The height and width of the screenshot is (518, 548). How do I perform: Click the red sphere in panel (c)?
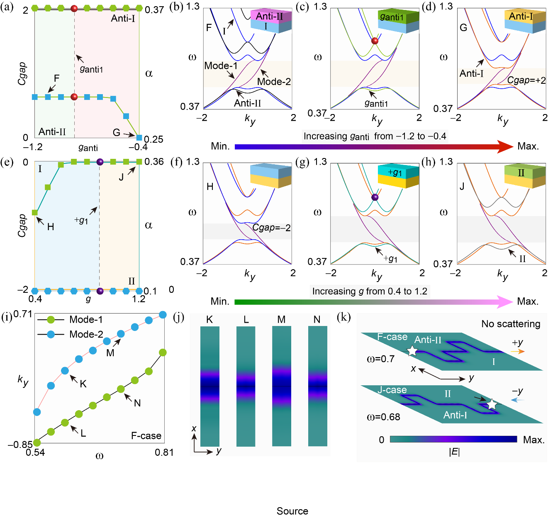(x=375, y=41)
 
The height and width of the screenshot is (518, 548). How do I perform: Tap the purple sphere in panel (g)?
(x=375, y=197)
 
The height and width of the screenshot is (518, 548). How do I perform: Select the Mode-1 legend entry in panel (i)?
(x=71, y=319)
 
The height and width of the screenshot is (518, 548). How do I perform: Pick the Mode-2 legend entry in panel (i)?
(x=71, y=334)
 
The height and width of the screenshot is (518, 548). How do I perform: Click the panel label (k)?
(x=344, y=318)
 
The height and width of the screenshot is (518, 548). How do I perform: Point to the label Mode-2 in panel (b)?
(x=274, y=82)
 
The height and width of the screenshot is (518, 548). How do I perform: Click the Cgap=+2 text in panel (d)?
(x=526, y=80)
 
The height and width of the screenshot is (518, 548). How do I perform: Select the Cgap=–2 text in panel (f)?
(x=272, y=228)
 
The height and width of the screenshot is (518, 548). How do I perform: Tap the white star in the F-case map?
(x=412, y=351)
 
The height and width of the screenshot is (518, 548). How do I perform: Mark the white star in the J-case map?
(x=492, y=404)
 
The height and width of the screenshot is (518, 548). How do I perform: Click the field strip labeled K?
(x=209, y=386)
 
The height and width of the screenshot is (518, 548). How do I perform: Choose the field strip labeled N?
(x=318, y=386)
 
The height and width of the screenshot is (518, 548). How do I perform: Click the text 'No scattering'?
(x=511, y=324)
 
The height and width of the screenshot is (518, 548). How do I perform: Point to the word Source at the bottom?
(x=292, y=511)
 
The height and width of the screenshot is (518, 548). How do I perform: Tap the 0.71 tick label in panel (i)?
(x=22, y=314)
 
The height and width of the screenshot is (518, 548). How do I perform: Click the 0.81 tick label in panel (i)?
(x=164, y=452)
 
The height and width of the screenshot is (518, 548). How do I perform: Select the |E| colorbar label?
(x=454, y=452)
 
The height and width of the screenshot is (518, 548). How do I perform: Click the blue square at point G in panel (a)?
(x=139, y=138)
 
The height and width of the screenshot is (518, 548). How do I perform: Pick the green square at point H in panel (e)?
(x=35, y=213)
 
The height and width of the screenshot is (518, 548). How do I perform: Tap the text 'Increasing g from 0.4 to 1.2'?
(x=370, y=291)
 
